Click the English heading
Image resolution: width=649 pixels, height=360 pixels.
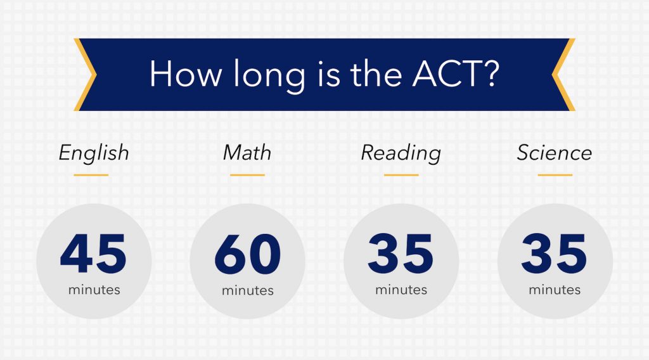pyautogui.click(x=94, y=153)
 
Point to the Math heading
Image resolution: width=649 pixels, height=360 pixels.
pyautogui.click(x=247, y=153)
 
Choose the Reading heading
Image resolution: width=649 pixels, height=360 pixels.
pyautogui.click(x=401, y=153)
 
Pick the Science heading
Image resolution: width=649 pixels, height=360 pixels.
pyautogui.click(x=554, y=153)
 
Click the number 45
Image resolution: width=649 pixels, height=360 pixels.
pyautogui.click(x=94, y=254)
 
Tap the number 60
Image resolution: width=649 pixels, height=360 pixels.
pyautogui.click(x=247, y=254)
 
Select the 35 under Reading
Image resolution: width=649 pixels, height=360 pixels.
pyautogui.click(x=401, y=254)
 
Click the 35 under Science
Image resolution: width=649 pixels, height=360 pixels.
pyautogui.click(x=555, y=254)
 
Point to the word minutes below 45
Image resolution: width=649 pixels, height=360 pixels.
pyautogui.click(x=94, y=290)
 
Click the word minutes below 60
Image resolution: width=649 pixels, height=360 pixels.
pyautogui.click(x=247, y=290)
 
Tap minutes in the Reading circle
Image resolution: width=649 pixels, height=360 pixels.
pyautogui.click(x=401, y=290)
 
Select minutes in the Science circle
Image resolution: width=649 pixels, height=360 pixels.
pyautogui.click(x=555, y=290)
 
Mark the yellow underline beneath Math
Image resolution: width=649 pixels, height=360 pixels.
pyautogui.click(x=247, y=174)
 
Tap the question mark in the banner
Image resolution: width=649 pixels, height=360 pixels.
pyautogui.click(x=489, y=75)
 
